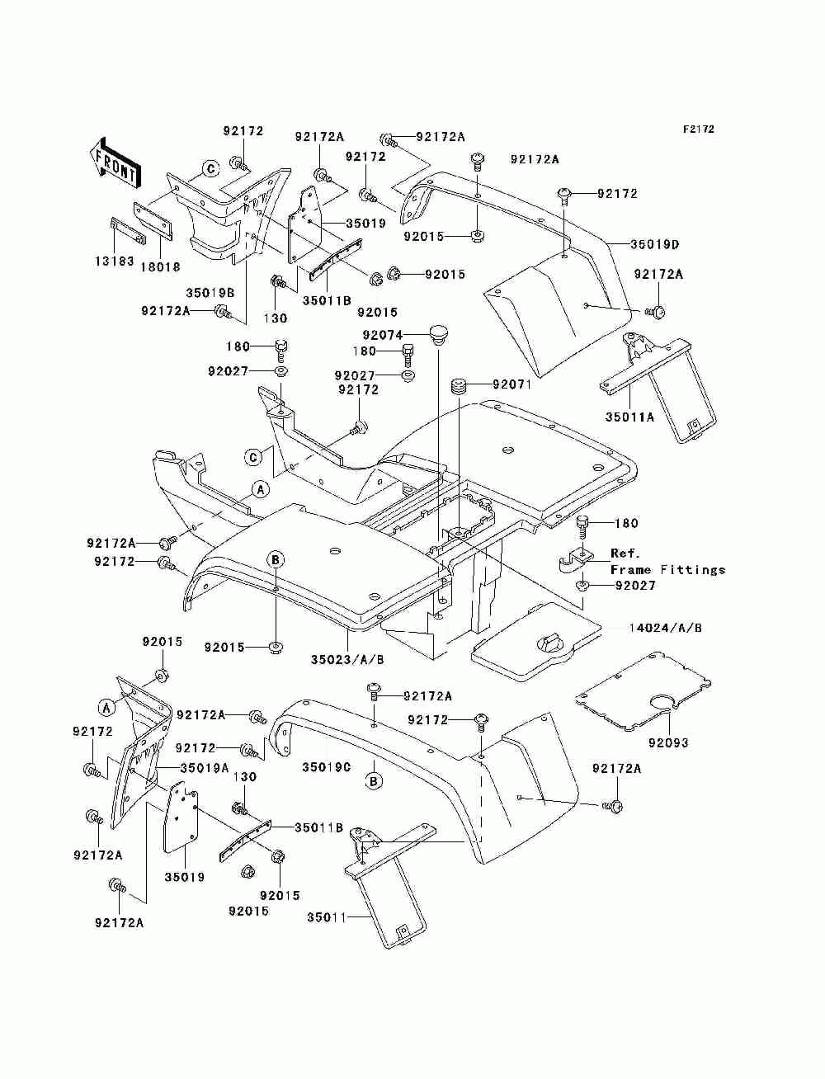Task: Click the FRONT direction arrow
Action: point(115,163)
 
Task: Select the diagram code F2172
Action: point(698,130)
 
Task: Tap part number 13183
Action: point(114,261)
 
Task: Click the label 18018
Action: point(160,267)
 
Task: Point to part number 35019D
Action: point(654,244)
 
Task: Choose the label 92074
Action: point(383,335)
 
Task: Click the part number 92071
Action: point(512,384)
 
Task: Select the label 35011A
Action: point(629,417)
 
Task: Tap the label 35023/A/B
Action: point(347,660)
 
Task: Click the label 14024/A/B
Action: point(665,628)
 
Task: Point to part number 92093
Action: point(668,742)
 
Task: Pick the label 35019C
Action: point(326,767)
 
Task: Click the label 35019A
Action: point(205,767)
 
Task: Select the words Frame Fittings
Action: point(667,570)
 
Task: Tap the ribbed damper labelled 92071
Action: point(458,384)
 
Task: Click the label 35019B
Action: point(210,293)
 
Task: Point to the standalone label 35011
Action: point(327,917)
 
